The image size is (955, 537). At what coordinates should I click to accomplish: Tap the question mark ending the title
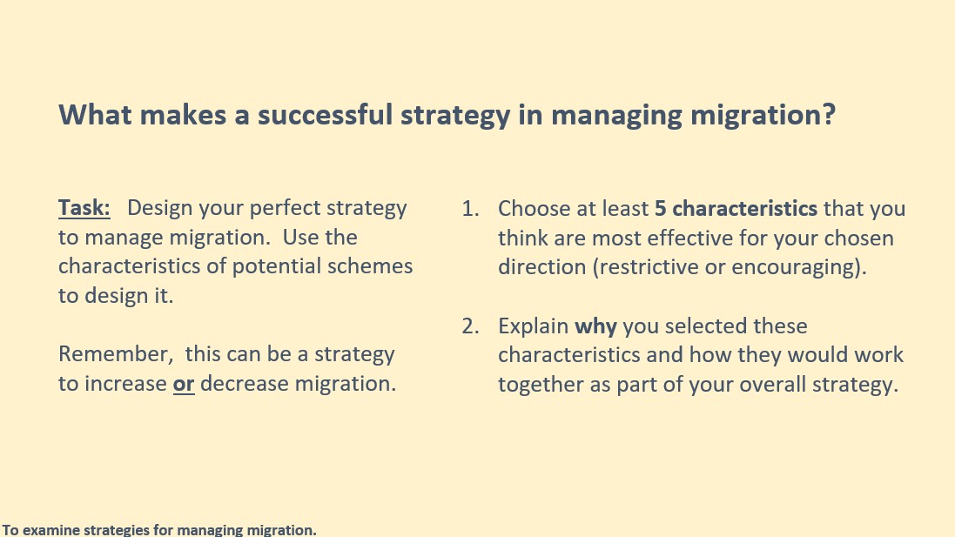pyautogui.click(x=829, y=114)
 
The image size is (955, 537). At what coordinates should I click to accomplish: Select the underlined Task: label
pyautogui.click(x=84, y=208)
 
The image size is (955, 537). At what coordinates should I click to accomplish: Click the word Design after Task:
pyautogui.click(x=160, y=209)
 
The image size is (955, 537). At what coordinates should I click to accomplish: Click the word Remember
pyautogui.click(x=115, y=354)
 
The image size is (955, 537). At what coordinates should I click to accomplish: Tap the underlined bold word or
pyautogui.click(x=184, y=384)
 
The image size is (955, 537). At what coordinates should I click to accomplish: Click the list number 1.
pyautogui.click(x=470, y=209)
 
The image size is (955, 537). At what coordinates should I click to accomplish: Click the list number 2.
pyautogui.click(x=470, y=326)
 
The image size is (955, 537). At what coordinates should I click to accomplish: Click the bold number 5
pyautogui.click(x=660, y=209)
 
